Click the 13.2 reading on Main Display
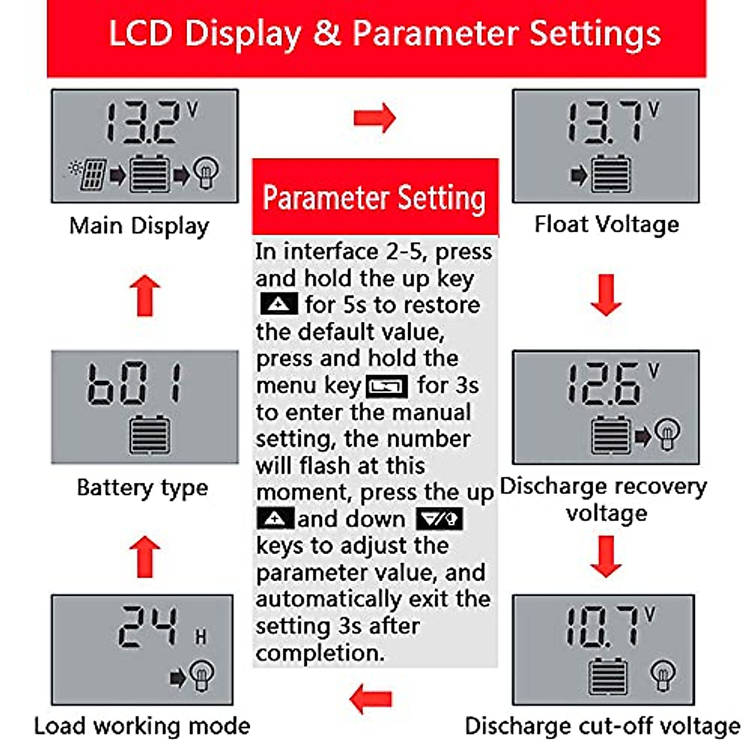143,122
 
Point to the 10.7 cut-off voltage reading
602,627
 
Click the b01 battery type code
134,383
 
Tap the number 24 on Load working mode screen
149,627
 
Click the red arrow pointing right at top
374,118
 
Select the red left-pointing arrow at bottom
371,698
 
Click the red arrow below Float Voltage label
606,295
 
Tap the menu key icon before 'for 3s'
387,387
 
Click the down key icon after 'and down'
439,520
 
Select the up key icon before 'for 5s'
279,305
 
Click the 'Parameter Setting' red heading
374,198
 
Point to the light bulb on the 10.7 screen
662,675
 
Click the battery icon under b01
149,435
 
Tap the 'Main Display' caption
139,226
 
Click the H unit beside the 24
200,637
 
